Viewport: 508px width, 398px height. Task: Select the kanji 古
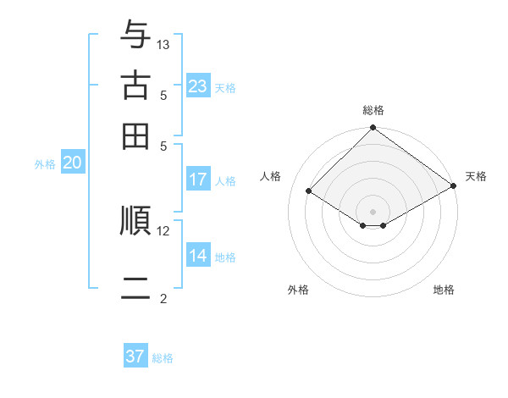(x=135, y=86)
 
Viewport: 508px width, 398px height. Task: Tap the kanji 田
(x=135, y=135)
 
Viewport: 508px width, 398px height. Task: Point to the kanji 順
(x=135, y=220)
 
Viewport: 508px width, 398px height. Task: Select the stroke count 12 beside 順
(x=163, y=230)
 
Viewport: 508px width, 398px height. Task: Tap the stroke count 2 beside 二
(x=163, y=298)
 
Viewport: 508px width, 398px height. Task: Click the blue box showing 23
(x=198, y=86)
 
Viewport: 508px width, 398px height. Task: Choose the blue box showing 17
(x=198, y=180)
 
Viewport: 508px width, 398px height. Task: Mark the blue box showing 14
(x=198, y=256)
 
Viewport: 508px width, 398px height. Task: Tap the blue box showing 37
(x=135, y=357)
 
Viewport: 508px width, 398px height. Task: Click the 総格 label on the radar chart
(x=373, y=110)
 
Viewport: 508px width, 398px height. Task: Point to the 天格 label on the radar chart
(x=476, y=176)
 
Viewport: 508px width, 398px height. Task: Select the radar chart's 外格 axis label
(x=298, y=290)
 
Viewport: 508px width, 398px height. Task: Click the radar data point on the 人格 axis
(x=309, y=191)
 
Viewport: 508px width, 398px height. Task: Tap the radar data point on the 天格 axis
(x=454, y=186)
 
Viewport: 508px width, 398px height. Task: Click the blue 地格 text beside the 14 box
(x=226, y=257)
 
